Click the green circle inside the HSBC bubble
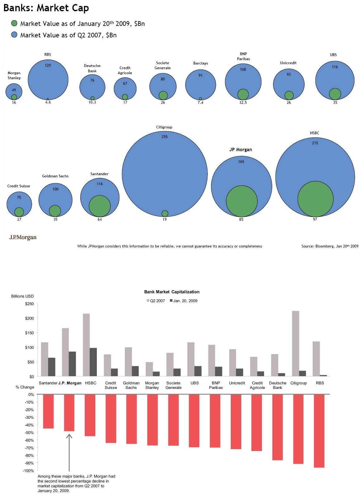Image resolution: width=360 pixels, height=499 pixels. pos(315,199)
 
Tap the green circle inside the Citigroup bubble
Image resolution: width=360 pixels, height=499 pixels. pos(165,214)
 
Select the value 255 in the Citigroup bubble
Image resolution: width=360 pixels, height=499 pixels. pos(164,137)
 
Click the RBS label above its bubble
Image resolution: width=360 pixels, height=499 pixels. pos(48,55)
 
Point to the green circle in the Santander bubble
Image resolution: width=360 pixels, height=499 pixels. pos(100,206)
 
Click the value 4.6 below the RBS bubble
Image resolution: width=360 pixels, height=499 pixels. pos(48,102)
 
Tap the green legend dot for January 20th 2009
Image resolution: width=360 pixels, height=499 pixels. pos(14,23)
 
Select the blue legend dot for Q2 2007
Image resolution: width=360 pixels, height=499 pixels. pos(14,35)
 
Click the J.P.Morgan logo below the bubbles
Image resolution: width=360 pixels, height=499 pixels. pos(23,238)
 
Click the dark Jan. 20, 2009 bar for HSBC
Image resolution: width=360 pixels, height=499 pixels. pos(93,362)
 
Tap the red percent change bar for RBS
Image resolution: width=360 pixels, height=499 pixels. pos(319,431)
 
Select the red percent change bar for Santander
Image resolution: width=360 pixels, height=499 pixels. pos(48,411)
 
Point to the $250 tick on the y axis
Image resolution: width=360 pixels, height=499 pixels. pos(30,304)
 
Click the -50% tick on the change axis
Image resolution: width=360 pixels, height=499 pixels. pos(29,433)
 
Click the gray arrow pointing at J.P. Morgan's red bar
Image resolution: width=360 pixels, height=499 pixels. pos(69,452)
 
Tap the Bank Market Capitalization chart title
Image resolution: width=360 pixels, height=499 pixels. pos(172,292)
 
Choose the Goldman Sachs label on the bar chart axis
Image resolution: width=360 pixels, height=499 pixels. pos(131,385)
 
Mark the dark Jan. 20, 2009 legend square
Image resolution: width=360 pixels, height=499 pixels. pos(171,300)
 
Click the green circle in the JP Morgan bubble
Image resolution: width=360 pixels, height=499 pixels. pos(242,201)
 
